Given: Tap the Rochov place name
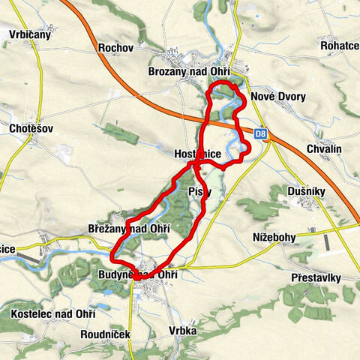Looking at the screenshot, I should coord(115,48).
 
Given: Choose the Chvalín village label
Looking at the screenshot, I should coord(324,149).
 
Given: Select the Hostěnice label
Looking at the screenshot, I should coord(197,153).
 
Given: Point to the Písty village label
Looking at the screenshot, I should coord(200,191).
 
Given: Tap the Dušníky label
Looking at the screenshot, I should coord(305,192).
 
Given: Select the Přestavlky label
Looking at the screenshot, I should coord(316,277).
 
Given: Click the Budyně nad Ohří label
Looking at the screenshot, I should coord(136,275).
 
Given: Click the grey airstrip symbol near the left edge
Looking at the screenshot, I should coord(27,256).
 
